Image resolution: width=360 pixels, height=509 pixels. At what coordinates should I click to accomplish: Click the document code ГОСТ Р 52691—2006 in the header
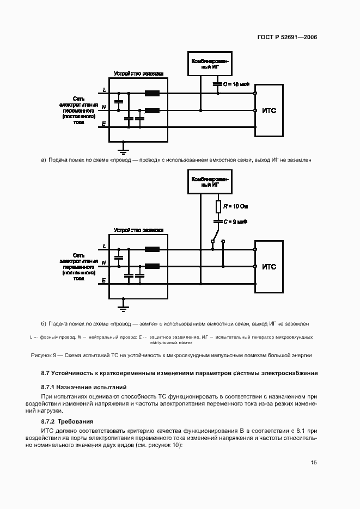[x=286, y=38]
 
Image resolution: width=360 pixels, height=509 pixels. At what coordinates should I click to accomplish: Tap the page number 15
[x=314, y=463]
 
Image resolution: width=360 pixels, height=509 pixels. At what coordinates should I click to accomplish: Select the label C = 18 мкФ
[x=235, y=84]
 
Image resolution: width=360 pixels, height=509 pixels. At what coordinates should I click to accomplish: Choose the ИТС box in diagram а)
[x=269, y=110]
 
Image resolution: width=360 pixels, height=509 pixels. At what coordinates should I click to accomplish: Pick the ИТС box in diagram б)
[x=269, y=267]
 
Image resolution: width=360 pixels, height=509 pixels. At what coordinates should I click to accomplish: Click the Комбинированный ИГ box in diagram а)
[x=210, y=63]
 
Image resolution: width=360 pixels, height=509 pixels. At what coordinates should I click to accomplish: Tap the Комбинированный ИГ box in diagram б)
[x=210, y=181]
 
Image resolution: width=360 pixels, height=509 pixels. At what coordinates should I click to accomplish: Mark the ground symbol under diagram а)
[x=124, y=146]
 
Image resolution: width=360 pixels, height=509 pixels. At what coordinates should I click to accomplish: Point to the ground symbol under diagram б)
[x=124, y=307]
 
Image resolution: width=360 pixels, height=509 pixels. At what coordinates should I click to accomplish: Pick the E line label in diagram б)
[x=104, y=280]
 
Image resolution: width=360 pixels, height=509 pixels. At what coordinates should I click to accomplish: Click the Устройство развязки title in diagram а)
[x=138, y=73]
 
